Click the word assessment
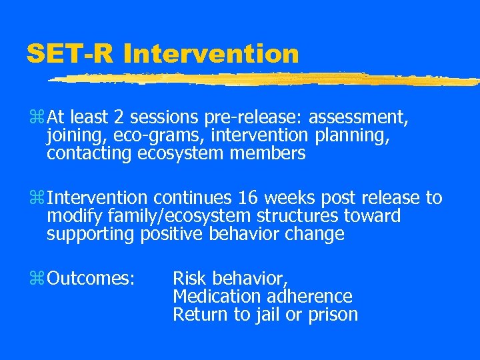[357, 119]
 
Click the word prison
[333, 314]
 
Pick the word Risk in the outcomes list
[189, 278]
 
